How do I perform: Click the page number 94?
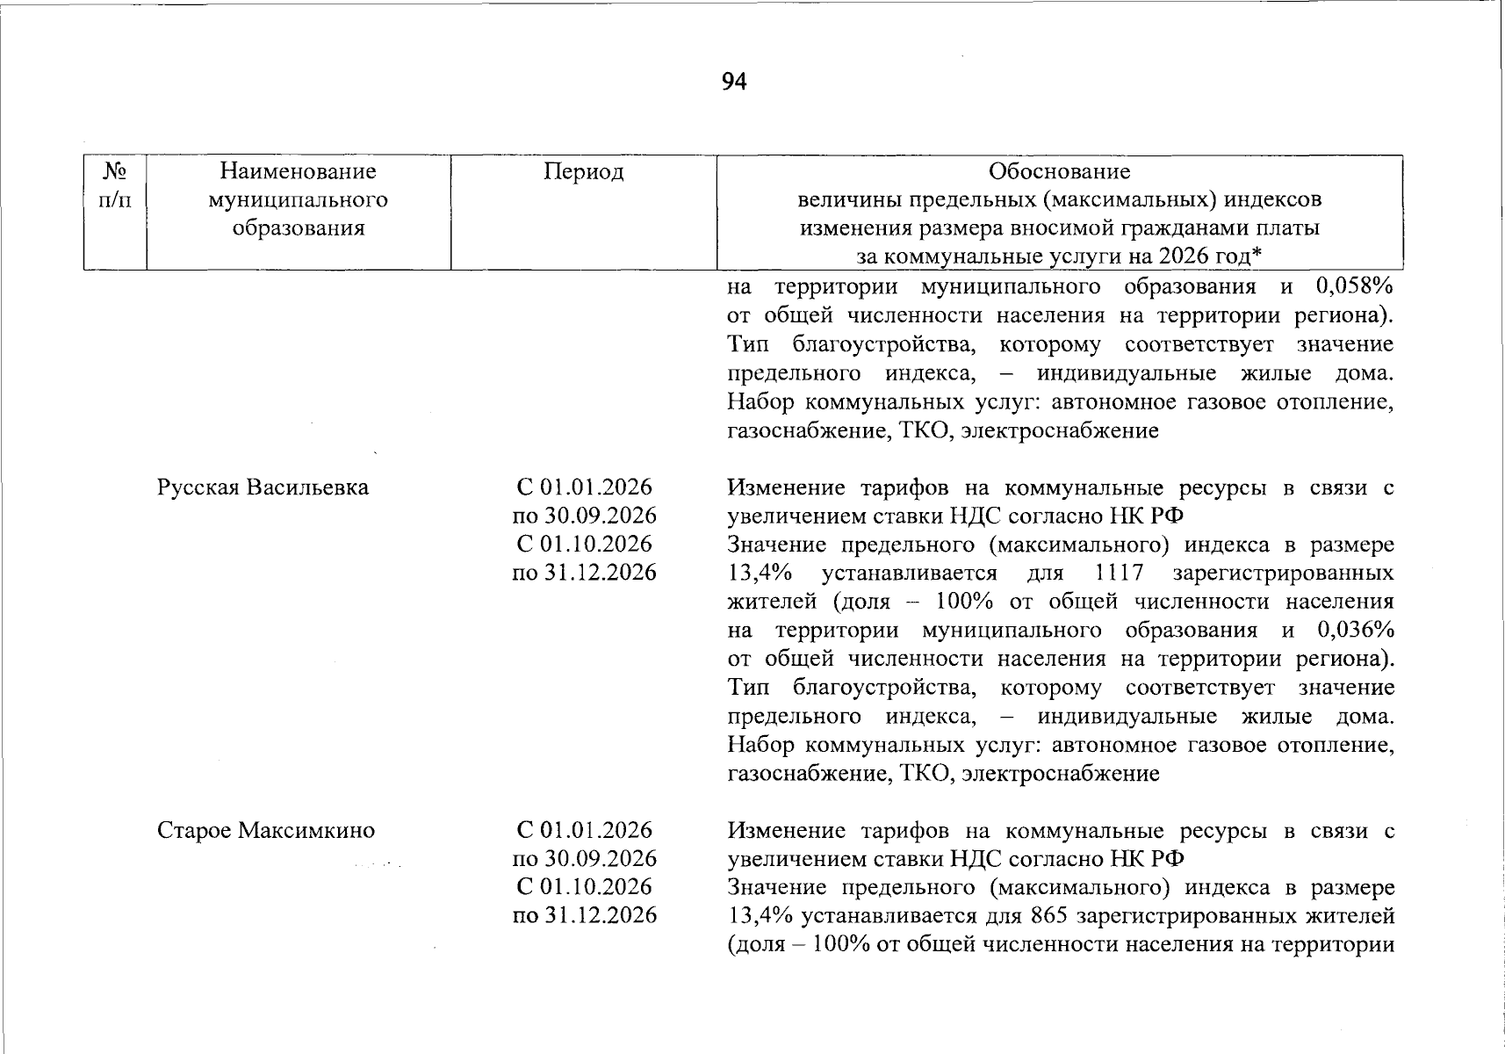tap(734, 82)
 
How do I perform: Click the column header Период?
tap(583, 171)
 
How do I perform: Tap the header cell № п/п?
tap(114, 185)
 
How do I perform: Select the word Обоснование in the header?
tap(1059, 171)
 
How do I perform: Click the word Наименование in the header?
tap(298, 171)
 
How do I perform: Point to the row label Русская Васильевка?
tap(263, 487)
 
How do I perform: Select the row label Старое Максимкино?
tap(266, 830)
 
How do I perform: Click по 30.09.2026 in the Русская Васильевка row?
tap(584, 516)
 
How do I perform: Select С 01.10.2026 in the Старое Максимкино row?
tap(584, 886)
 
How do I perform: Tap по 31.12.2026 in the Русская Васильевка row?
tap(584, 573)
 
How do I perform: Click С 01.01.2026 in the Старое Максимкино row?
tap(584, 830)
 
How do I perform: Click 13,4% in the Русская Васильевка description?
tap(760, 574)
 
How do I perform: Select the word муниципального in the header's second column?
tap(298, 200)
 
